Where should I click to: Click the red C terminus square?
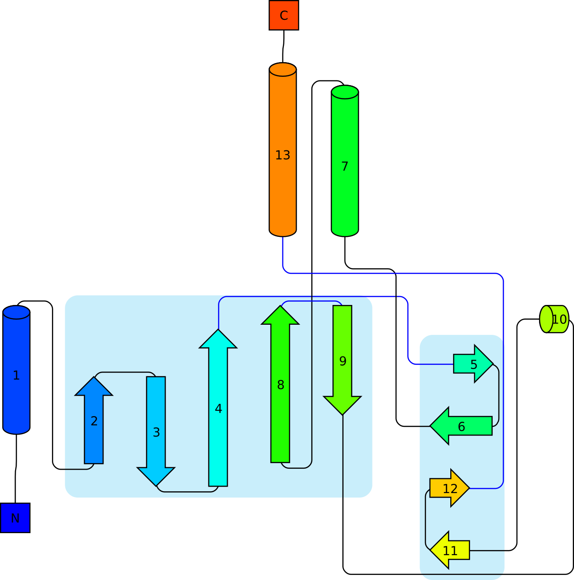[284, 16]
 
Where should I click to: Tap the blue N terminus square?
[15, 518]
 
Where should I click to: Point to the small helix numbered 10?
[554, 319]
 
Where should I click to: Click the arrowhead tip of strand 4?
[218, 331]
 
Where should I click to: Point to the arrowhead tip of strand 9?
[342, 413]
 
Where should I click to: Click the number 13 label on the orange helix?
[282, 155]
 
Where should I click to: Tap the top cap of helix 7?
[344, 92]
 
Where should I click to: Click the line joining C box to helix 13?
[283, 46]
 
